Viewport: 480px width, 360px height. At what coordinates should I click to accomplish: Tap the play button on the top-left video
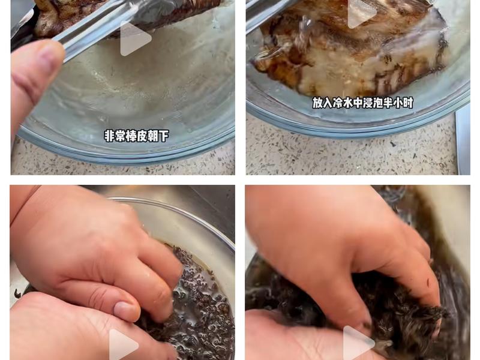pyautogui.click(x=135, y=39)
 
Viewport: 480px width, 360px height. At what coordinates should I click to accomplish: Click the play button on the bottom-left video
pyautogui.click(x=124, y=345)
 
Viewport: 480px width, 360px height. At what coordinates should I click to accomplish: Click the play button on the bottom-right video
pyautogui.click(x=358, y=344)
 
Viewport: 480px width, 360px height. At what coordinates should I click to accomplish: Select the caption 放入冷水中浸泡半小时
pyautogui.click(x=362, y=103)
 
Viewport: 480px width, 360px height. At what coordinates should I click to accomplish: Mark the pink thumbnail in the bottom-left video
pyautogui.click(x=127, y=310)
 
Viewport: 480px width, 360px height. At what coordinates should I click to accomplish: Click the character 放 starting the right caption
pyautogui.click(x=318, y=103)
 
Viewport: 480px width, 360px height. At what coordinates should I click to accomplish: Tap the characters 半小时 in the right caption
pyautogui.click(x=398, y=103)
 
